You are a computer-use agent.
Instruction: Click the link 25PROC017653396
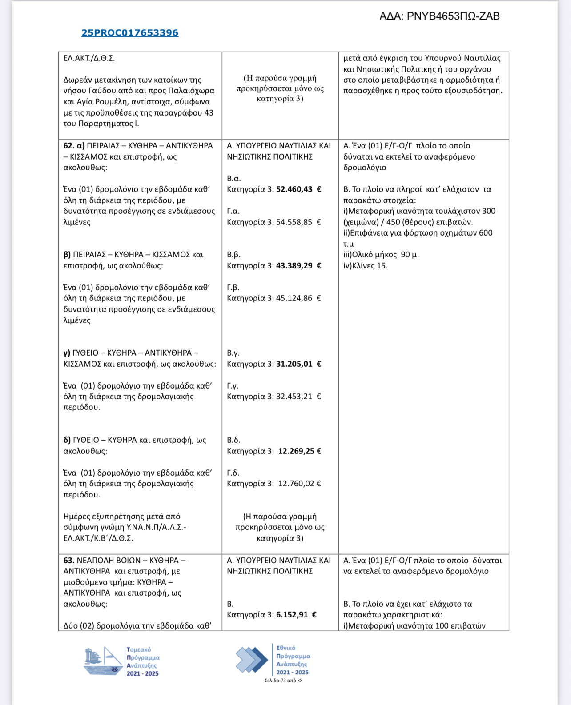(x=130, y=33)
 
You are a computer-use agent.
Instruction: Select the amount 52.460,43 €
(x=298, y=189)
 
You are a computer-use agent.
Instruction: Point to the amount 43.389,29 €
(x=298, y=266)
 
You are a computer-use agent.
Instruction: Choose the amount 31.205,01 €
(x=298, y=364)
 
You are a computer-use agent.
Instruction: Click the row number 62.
(x=68, y=146)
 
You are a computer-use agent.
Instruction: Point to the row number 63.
(x=68, y=561)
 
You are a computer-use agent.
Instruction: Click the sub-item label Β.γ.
(x=233, y=353)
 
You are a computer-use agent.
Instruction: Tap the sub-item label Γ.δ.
(x=233, y=473)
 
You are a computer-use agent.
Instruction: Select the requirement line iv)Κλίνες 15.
(x=365, y=266)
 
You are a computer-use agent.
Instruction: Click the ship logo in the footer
(x=103, y=661)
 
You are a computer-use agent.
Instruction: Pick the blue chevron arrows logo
(x=252, y=660)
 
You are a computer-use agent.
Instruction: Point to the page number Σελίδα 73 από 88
(x=283, y=681)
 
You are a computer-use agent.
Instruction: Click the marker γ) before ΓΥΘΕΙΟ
(x=67, y=353)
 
